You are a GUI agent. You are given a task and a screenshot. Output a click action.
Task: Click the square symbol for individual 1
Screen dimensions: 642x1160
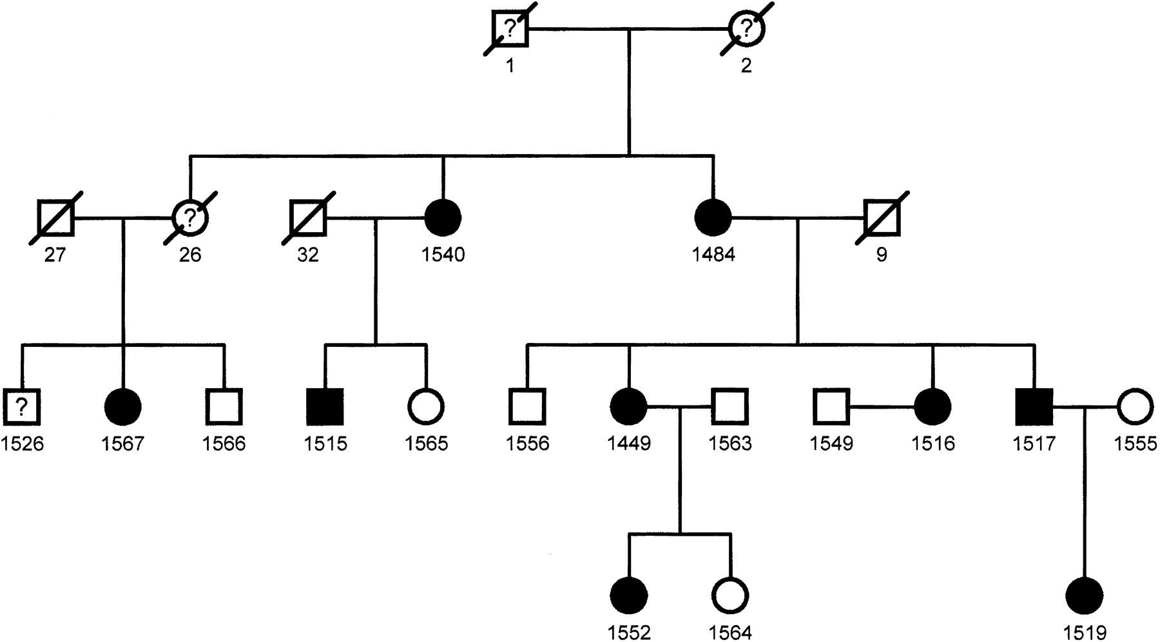tap(510, 29)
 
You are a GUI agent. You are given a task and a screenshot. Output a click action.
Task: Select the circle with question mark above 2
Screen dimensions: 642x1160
tap(746, 29)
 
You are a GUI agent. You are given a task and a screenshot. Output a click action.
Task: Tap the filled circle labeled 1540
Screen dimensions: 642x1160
tap(443, 218)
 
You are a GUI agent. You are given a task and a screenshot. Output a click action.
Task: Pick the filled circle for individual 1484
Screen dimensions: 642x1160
tap(713, 218)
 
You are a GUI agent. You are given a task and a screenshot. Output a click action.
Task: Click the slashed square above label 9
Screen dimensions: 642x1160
tap(882, 218)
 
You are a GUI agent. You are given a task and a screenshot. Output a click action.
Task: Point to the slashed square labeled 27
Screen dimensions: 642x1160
tap(55, 218)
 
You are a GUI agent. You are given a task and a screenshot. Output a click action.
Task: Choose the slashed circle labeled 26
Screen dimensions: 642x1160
tap(190, 218)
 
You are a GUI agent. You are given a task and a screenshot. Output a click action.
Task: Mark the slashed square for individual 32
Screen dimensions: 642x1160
tap(308, 218)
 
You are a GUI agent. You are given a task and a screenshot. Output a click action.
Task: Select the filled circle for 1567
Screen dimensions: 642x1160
tap(122, 407)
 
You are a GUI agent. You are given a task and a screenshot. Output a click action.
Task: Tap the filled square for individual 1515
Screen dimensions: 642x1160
tap(325, 407)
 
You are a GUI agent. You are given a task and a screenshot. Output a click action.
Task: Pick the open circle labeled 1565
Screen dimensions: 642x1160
tap(426, 407)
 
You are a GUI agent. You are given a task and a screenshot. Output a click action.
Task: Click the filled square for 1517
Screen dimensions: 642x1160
tap(1034, 407)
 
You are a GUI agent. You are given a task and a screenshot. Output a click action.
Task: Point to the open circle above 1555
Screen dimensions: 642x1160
tap(1136, 407)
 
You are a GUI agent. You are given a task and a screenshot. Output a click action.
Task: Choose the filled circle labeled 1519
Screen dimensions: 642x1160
tap(1085, 596)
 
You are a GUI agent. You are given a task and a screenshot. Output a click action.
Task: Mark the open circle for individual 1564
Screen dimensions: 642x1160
tap(731, 596)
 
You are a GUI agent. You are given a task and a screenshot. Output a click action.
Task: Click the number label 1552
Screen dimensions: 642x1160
tap(629, 632)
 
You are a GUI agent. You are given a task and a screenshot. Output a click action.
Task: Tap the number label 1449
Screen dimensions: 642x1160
tap(629, 443)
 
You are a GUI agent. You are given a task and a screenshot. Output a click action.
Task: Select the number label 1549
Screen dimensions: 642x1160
tap(831, 443)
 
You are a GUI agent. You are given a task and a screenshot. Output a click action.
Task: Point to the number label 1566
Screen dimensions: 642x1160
tap(224, 443)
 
